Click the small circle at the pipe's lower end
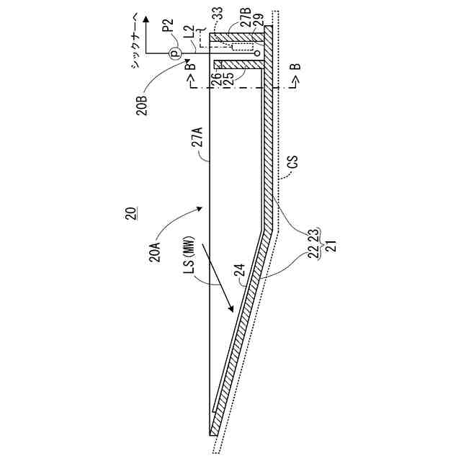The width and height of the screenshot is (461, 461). [x=256, y=52]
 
